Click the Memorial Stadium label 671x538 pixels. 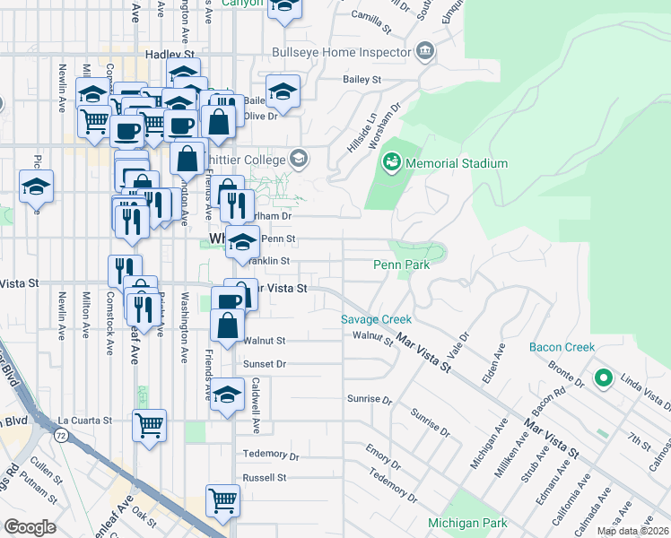[457, 164]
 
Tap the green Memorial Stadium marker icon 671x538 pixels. [391, 163]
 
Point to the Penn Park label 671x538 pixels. [401, 265]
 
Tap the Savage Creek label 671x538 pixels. [376, 319]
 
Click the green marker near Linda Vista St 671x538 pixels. [604, 378]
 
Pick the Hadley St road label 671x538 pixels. [170, 55]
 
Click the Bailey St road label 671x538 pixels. [362, 80]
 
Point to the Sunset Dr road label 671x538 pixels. [264, 365]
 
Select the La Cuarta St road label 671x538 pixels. [84, 420]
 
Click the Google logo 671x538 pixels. [30, 527]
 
